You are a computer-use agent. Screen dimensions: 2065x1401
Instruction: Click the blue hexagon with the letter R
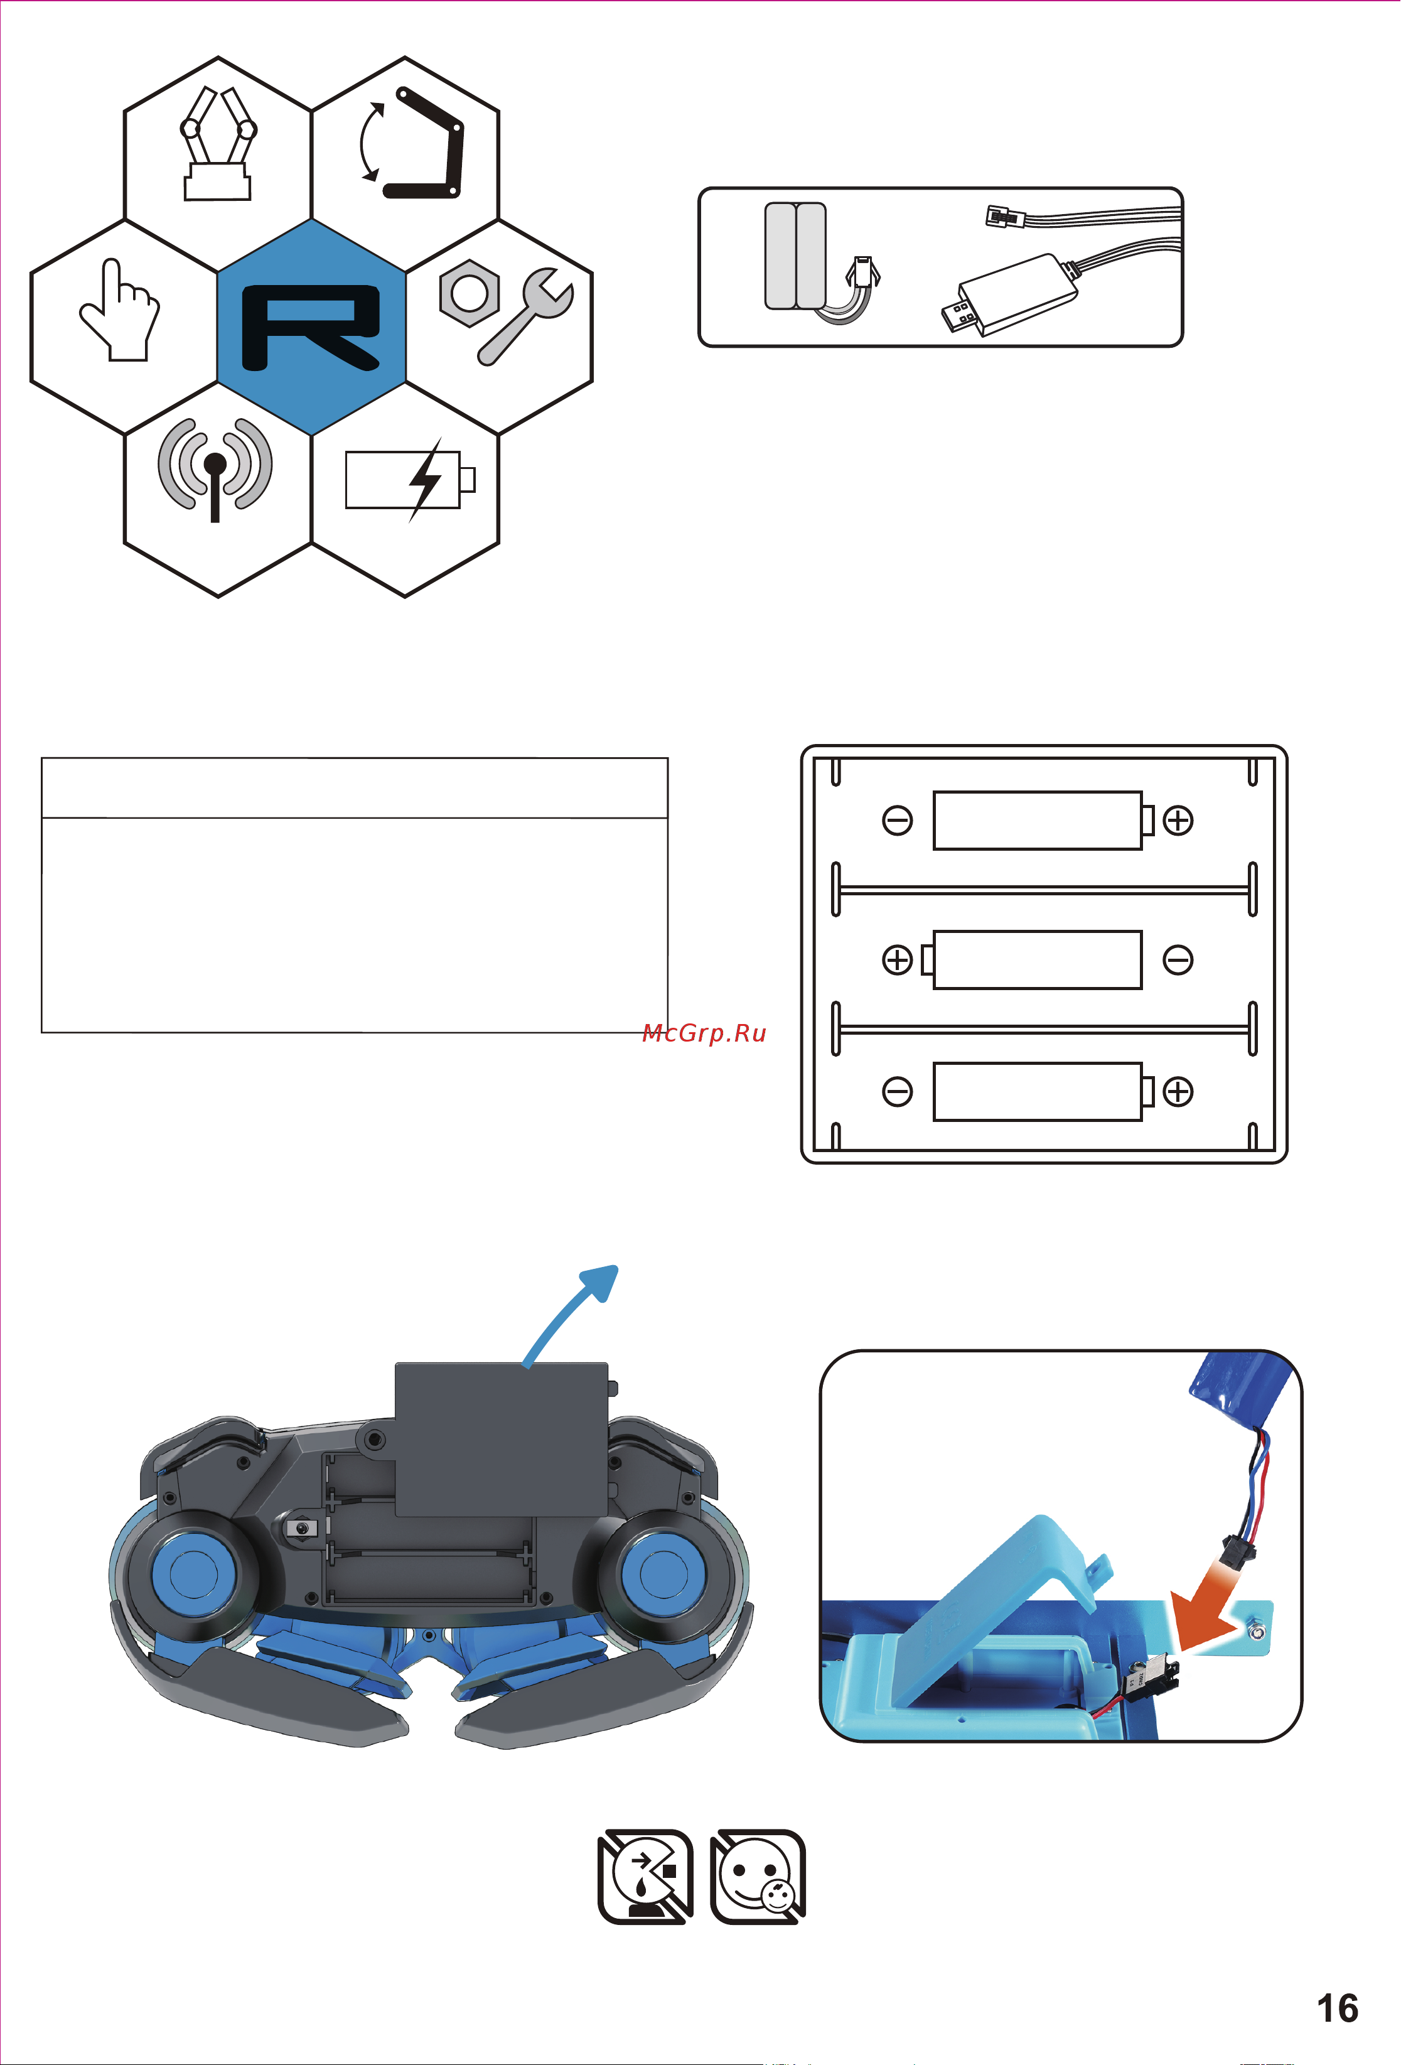pos(311,327)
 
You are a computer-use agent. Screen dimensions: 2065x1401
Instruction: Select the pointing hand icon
pos(120,311)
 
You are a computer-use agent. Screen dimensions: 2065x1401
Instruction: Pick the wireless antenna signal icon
pos(215,469)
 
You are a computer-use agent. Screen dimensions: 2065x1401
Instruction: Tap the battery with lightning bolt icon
pos(411,480)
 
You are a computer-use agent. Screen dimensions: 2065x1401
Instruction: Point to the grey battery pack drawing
pos(795,256)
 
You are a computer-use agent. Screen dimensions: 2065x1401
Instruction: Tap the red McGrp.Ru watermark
pos(704,1033)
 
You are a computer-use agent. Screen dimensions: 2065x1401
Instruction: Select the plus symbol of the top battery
pos(1178,820)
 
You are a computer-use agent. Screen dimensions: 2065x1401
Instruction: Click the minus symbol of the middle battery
pos(1178,959)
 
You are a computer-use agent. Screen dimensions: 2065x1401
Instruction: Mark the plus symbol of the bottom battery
pos(1178,1091)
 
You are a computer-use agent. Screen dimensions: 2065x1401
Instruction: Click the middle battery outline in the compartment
pos(1037,959)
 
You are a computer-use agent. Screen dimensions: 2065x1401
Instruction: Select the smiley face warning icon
pos(757,1877)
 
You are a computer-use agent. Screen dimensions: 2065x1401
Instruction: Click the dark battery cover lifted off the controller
pos(500,1438)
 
